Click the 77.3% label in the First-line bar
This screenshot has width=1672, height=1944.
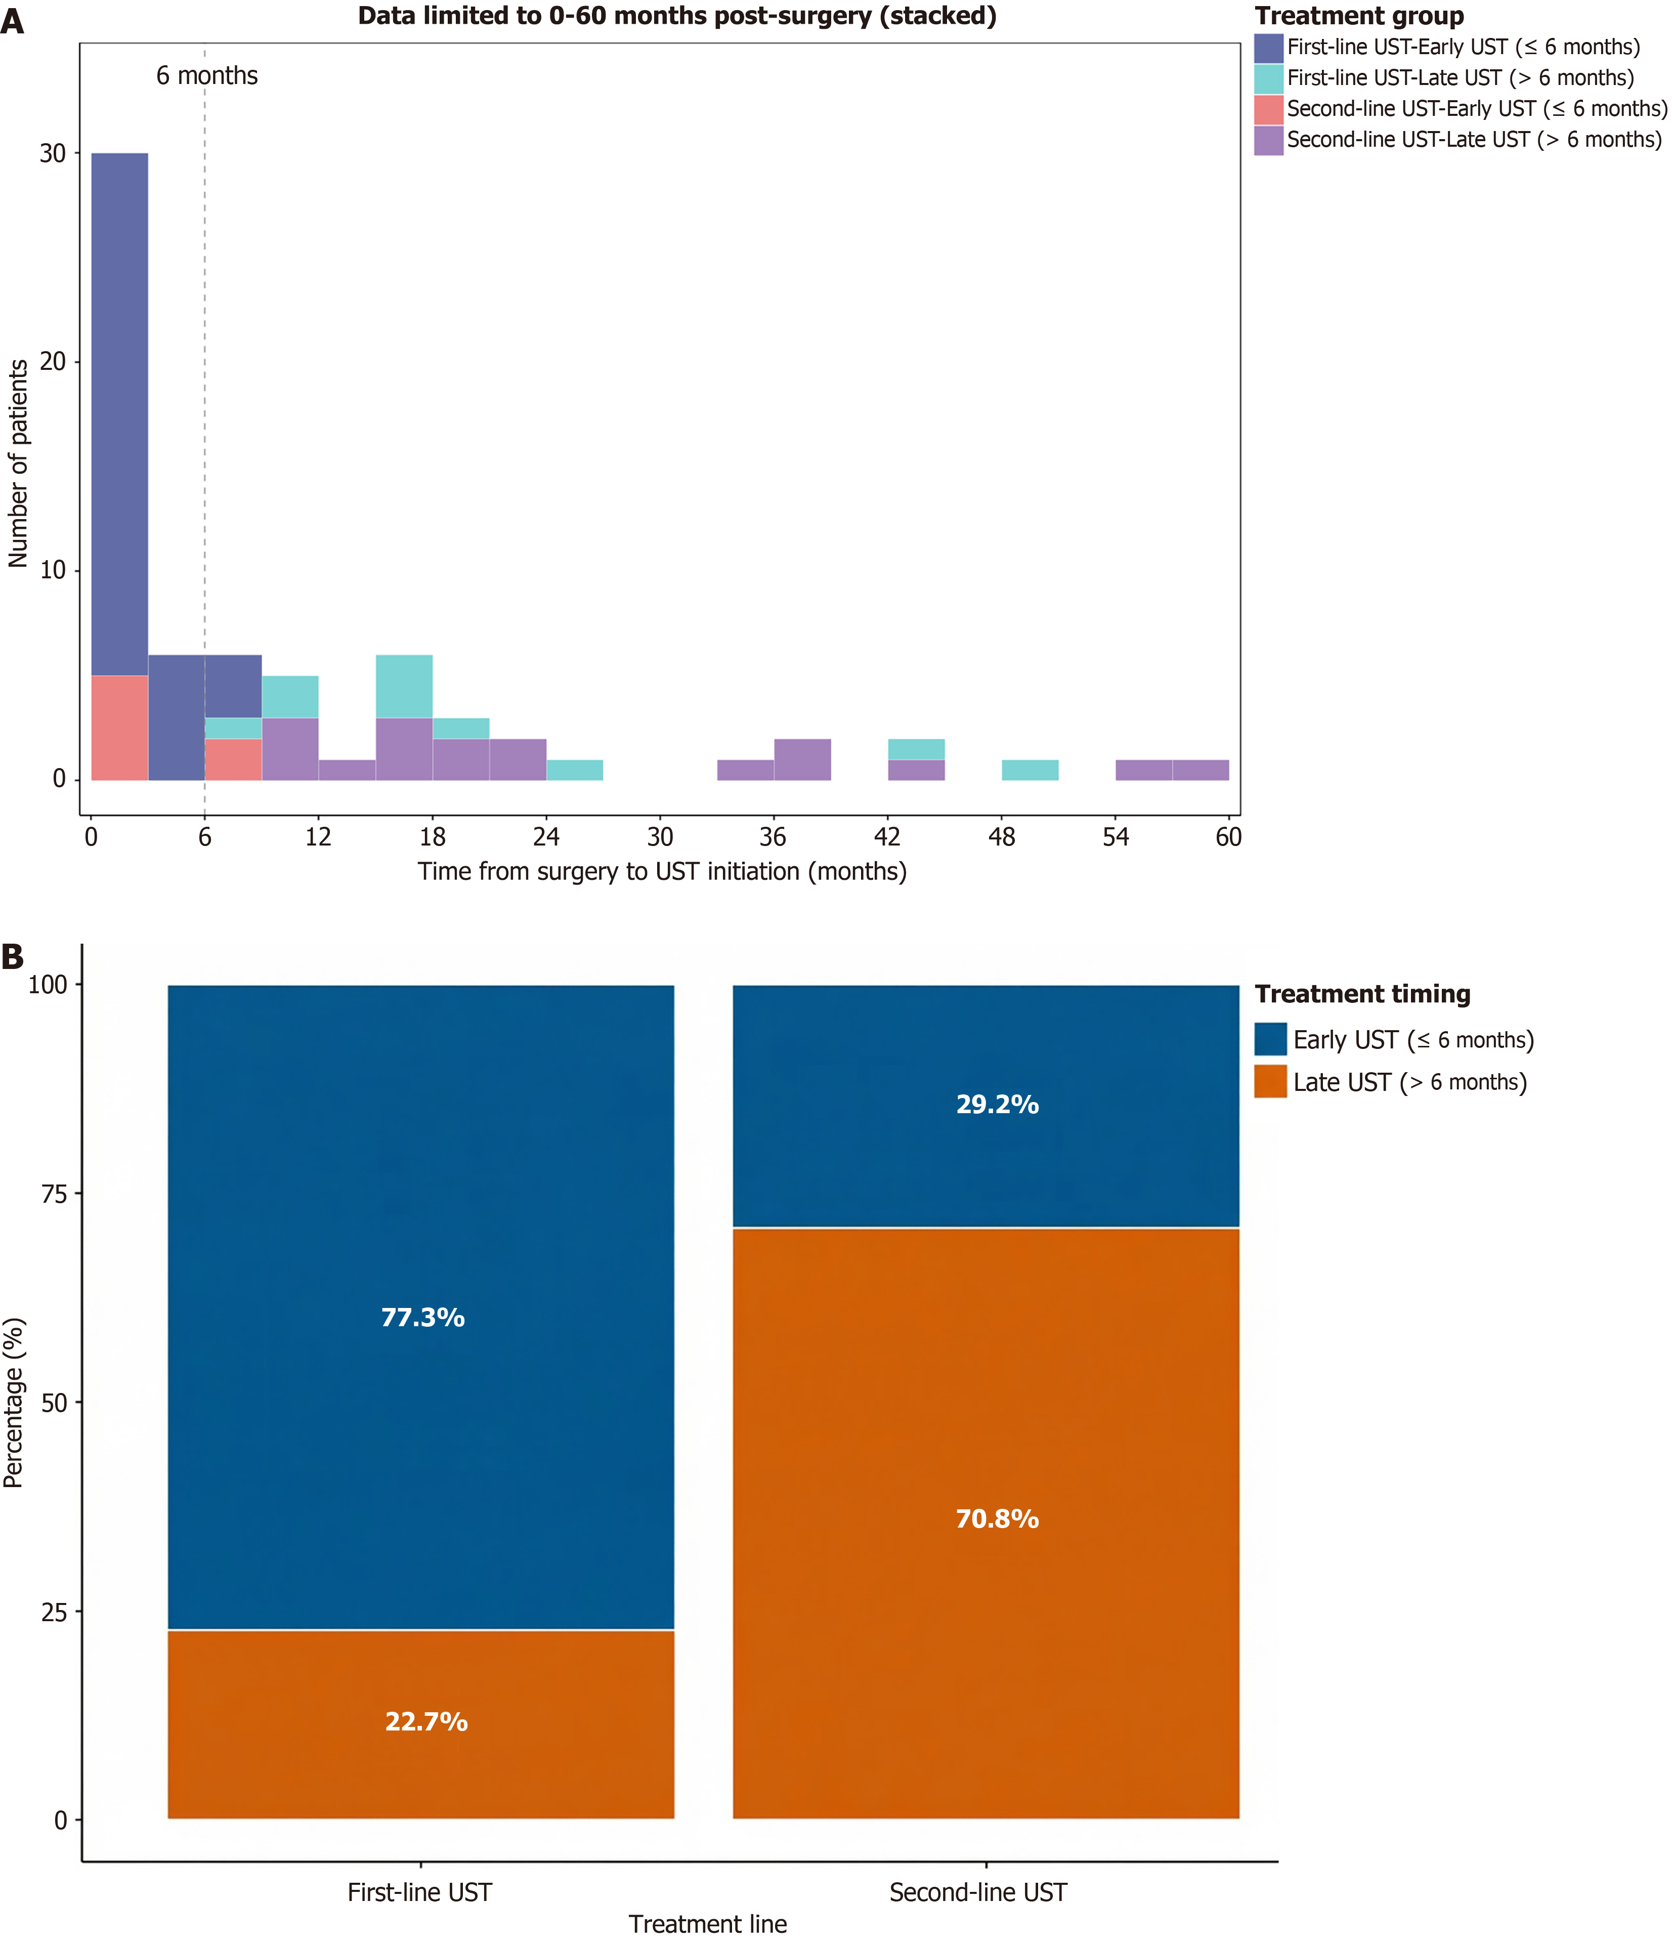[x=422, y=1317]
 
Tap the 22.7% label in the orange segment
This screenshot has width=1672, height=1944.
[x=426, y=1722]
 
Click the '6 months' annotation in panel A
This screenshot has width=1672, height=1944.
[x=206, y=76]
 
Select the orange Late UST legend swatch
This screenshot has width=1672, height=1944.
[x=1270, y=1082]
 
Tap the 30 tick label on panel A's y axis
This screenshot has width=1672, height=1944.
[x=53, y=154]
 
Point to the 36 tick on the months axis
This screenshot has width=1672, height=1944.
[x=773, y=837]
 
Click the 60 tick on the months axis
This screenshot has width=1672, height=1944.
[x=1228, y=837]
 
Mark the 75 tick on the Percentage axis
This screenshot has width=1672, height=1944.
[x=55, y=1194]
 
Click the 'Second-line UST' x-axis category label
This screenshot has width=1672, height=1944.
[x=978, y=1892]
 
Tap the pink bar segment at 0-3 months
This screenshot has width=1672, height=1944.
[x=119, y=728]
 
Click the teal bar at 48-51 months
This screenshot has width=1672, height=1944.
[x=1030, y=770]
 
